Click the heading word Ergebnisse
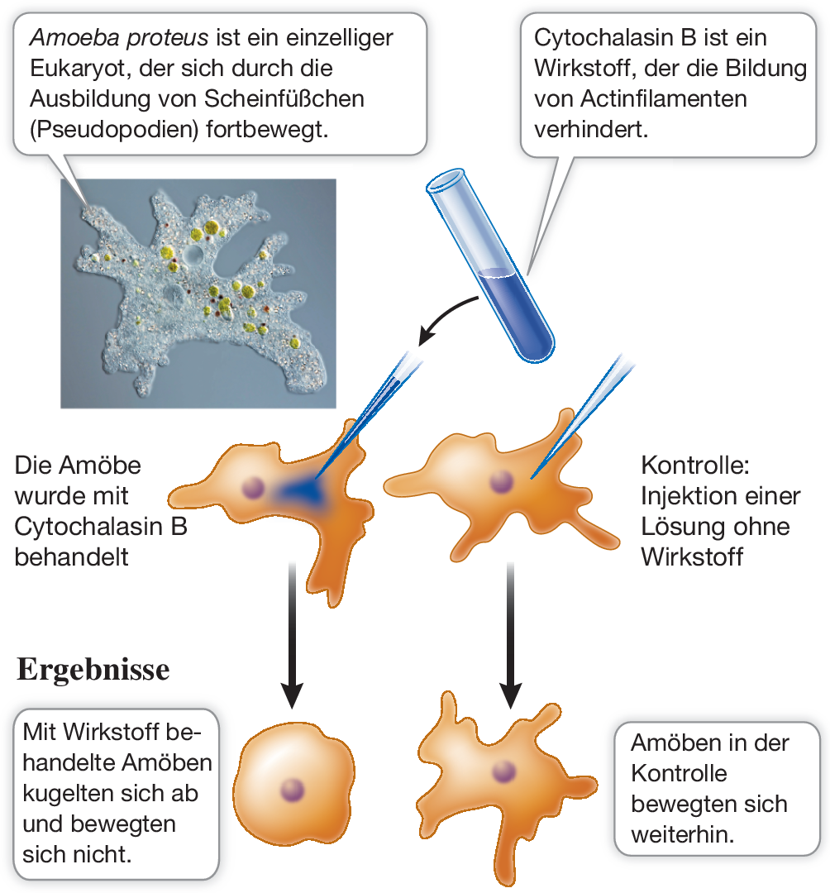point(93,669)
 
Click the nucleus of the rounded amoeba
point(290,787)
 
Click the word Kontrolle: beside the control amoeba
point(694,466)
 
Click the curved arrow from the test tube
point(446,317)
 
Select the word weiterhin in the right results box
point(682,833)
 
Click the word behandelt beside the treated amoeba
point(72,556)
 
